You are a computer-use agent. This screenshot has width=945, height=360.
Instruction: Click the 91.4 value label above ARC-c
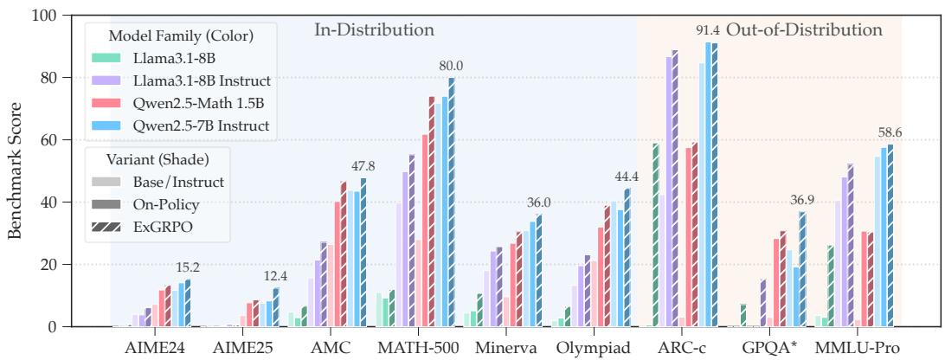708,31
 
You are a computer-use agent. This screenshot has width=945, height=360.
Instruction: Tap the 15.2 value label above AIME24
188,267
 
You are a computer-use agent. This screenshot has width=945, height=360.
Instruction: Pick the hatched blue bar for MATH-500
452,202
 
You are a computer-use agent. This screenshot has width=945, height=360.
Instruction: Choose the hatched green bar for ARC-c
656,235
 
